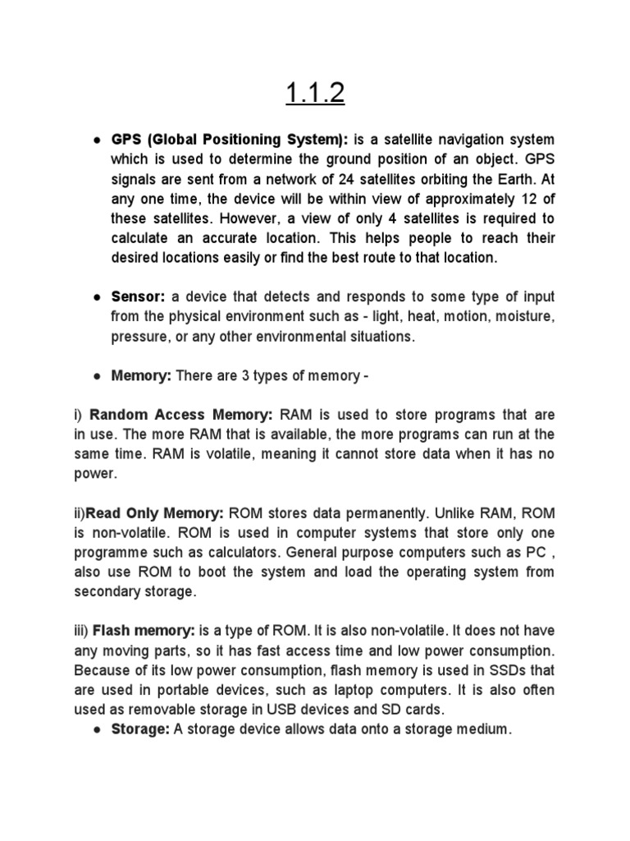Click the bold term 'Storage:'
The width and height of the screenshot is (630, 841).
tap(138, 728)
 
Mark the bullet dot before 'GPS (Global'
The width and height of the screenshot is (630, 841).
tap(96, 140)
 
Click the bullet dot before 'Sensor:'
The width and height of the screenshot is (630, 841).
tap(96, 296)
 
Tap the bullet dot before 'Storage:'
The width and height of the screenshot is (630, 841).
tap(96, 729)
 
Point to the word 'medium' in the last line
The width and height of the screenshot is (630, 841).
tap(483, 728)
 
